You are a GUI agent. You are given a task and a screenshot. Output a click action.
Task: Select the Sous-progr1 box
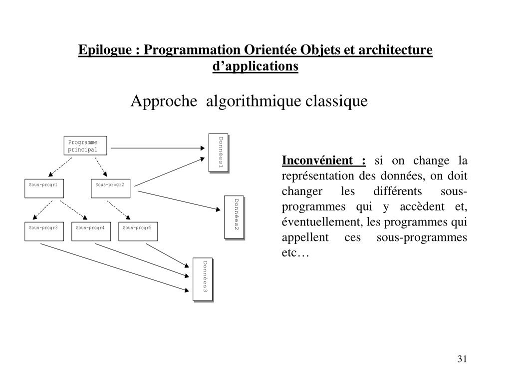[x=44, y=188]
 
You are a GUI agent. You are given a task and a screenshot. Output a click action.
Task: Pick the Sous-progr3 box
[x=44, y=231]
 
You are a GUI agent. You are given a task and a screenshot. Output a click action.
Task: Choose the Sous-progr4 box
[x=91, y=231]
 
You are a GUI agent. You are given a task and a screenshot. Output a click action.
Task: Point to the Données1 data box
[x=218, y=152]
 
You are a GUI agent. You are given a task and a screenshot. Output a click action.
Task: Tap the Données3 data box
[x=203, y=279]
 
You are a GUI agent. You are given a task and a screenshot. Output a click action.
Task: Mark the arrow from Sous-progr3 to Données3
[x=115, y=267]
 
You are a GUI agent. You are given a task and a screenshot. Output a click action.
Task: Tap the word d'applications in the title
[x=255, y=65]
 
